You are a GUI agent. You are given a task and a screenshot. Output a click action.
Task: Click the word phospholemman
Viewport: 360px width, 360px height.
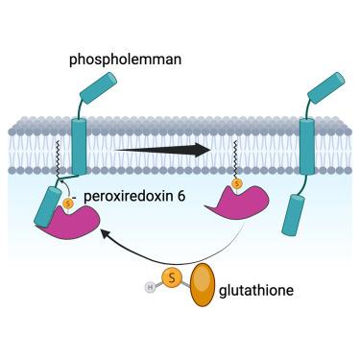coord(125,60)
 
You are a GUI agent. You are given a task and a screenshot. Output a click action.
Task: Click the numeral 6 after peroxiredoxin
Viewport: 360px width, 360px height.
coord(180,196)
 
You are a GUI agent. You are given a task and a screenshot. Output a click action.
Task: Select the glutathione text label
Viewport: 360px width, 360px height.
coord(256,291)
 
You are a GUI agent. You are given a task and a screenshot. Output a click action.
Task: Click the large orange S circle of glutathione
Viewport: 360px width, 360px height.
coord(172,278)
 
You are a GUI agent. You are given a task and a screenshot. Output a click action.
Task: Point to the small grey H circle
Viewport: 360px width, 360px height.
coord(151,287)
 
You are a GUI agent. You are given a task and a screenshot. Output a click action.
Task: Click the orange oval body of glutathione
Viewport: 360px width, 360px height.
coord(203,285)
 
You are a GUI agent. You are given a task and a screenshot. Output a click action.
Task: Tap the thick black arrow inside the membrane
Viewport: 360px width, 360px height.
coord(162,150)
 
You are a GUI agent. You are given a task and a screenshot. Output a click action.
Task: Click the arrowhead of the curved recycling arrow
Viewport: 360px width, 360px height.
coord(106,234)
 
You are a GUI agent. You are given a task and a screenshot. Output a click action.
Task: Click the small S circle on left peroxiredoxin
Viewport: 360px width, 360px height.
coord(68,203)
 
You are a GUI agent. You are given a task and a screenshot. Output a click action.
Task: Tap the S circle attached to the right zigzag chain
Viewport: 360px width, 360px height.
coord(237,184)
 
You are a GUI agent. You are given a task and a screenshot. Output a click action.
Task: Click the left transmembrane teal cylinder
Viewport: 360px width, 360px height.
coord(79,147)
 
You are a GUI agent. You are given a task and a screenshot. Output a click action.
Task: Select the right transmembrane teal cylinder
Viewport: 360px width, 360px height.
coord(307,147)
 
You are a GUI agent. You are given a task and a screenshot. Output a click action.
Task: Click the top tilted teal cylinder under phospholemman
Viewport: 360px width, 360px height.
coord(98,87)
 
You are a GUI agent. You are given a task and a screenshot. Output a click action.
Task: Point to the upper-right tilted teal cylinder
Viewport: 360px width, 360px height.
coord(326,88)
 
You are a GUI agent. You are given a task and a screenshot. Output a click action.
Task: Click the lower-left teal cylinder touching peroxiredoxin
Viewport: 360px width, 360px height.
coord(48,206)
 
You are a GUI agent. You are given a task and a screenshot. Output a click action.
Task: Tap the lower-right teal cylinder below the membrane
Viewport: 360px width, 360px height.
coord(293,215)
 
